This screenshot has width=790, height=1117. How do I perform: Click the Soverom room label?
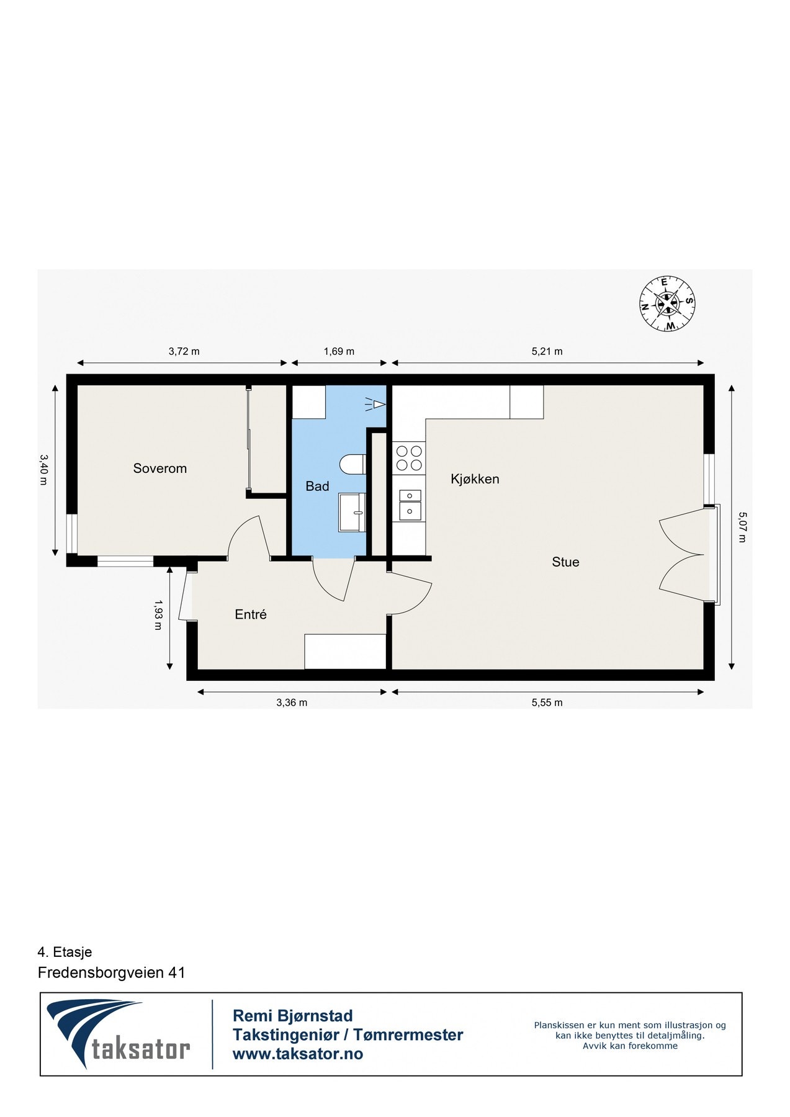(159, 469)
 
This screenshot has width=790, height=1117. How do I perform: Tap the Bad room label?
(317, 487)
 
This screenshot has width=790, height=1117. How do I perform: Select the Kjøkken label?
(475, 479)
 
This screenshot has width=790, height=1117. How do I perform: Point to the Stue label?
(565, 562)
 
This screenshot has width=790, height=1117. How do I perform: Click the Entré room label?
(251, 614)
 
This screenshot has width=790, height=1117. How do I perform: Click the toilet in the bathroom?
(353, 464)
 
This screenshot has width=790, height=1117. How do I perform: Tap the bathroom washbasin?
(352, 513)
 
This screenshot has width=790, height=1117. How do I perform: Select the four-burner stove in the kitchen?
(409, 458)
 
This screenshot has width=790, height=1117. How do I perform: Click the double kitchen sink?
(410, 504)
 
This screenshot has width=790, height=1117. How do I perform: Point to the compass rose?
(667, 303)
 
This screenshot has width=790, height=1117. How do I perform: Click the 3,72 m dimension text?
(184, 351)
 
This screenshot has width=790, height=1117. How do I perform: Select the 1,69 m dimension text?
(339, 351)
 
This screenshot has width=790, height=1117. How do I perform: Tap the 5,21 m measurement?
(547, 351)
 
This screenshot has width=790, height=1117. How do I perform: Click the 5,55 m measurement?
(547, 702)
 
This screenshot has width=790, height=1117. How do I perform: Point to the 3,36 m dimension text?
(292, 702)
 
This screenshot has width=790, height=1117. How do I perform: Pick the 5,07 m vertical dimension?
(742, 527)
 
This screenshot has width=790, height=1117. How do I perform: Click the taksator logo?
(119, 1034)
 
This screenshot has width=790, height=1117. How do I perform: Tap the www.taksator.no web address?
(298, 1054)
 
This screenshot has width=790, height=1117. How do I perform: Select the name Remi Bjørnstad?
(292, 1016)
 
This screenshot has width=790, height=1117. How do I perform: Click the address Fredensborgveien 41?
(112, 972)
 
